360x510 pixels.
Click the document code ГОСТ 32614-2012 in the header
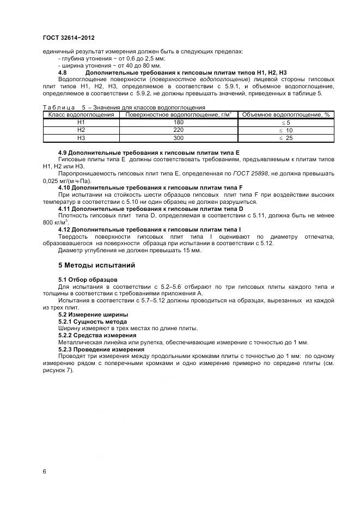click(68, 38)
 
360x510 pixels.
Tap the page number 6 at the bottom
click(44, 471)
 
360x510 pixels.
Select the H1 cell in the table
click(81, 123)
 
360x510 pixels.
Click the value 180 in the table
click(178, 123)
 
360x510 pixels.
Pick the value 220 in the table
click(178, 130)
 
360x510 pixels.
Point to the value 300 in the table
click(178, 138)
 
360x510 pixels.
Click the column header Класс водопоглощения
click(81, 115)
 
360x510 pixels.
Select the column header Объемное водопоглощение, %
click(285, 115)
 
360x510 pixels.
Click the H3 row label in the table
click(81, 138)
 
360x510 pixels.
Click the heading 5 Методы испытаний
click(93, 265)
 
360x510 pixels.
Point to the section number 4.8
click(63, 72)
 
